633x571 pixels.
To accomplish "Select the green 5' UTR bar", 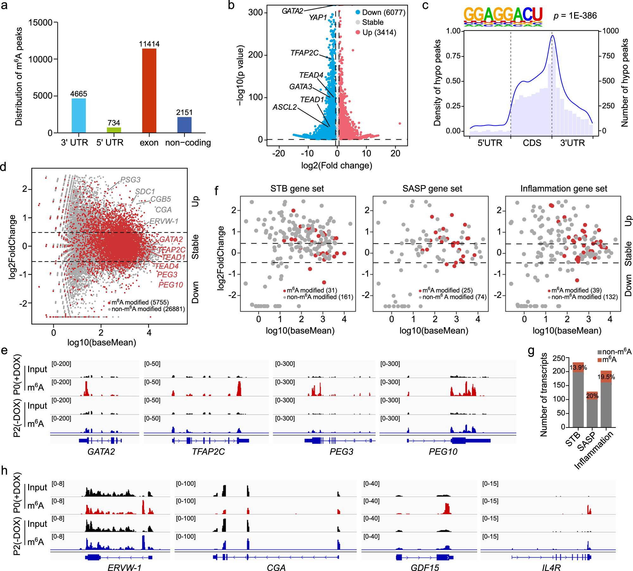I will [114, 130].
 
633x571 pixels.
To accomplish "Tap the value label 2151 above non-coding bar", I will [184, 112].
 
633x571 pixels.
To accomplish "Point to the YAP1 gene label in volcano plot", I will [317, 17].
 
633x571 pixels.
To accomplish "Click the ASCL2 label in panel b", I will [285, 107].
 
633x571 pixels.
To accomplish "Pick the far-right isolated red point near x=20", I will [400, 124].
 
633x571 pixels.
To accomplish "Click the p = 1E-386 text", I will [575, 16].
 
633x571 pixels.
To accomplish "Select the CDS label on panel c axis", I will [532, 143].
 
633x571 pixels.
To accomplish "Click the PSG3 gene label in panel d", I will [130, 180].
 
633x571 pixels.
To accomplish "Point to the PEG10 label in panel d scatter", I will [171, 285].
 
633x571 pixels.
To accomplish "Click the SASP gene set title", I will [432, 189].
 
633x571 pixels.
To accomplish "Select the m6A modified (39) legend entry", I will [576, 290].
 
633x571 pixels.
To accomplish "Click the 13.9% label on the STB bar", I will [578, 368].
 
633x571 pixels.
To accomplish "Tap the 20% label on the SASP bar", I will [592, 396].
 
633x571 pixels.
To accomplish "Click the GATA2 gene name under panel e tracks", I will [101, 452].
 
